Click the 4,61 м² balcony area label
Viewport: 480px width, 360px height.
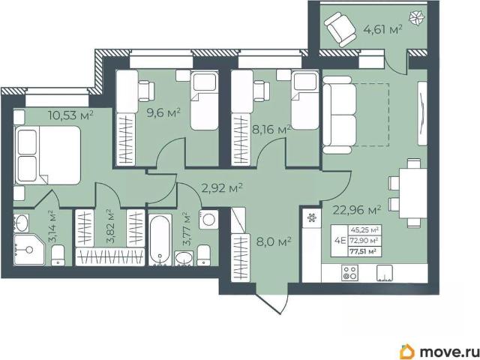(x=382, y=30)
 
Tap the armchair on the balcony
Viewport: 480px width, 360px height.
(x=340, y=29)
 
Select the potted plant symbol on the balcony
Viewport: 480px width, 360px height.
(x=416, y=19)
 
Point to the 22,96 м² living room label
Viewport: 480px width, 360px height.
(x=357, y=210)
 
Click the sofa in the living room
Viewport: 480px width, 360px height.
(x=339, y=115)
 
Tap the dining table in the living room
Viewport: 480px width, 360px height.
(x=413, y=193)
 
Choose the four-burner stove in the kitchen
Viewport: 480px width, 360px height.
(x=349, y=273)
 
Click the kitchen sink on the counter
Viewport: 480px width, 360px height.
(x=385, y=273)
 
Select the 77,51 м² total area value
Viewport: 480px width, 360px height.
(x=364, y=252)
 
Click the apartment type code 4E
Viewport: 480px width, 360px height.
(x=340, y=241)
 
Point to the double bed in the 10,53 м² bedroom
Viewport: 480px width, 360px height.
(x=47, y=155)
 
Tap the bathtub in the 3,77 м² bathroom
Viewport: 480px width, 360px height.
(x=160, y=240)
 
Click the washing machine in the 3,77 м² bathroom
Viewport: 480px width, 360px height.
(x=208, y=220)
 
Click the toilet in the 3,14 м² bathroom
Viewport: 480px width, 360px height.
(x=58, y=255)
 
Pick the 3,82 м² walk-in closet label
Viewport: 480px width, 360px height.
(x=110, y=226)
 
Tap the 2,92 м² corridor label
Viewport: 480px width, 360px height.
(x=222, y=188)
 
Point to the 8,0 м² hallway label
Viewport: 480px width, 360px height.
(x=273, y=242)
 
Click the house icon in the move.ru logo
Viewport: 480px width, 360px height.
(x=407, y=352)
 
